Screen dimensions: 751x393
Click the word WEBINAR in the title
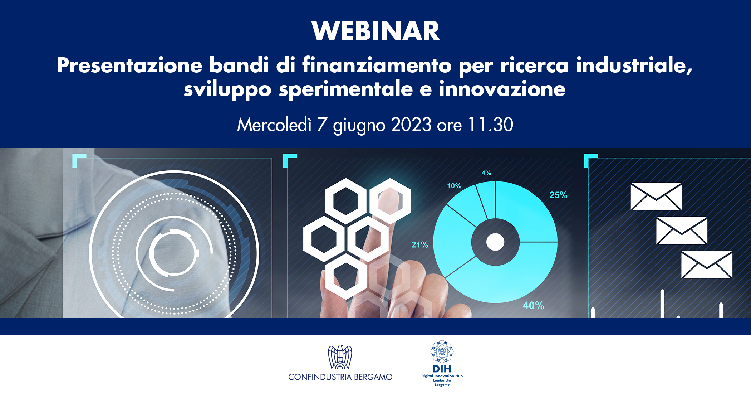pyautogui.click(x=375, y=31)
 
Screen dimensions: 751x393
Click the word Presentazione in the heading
pyautogui.click(x=129, y=65)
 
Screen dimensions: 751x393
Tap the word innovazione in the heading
pyautogui.click(x=502, y=89)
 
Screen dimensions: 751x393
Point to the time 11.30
pyautogui.click(x=491, y=125)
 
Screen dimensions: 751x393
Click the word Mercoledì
pyautogui.click(x=274, y=125)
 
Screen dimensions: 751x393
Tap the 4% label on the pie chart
pyautogui.click(x=486, y=173)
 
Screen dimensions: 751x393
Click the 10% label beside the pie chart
pyautogui.click(x=454, y=186)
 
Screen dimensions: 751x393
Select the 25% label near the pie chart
pyautogui.click(x=558, y=195)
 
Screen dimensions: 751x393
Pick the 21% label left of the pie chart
pyautogui.click(x=419, y=245)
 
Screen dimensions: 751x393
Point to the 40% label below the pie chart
pyautogui.click(x=533, y=305)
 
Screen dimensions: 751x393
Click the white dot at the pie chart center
pyautogui.click(x=495, y=242)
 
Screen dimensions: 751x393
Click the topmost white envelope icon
pyautogui.click(x=656, y=196)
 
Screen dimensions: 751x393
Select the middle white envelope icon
pyautogui.click(x=682, y=231)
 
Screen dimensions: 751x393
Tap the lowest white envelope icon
pyautogui.click(x=707, y=265)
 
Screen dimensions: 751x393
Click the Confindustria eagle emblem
pyautogui.click(x=340, y=357)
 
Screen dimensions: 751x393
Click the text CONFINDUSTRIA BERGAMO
pyautogui.click(x=340, y=377)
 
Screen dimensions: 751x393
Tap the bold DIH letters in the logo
pyautogui.click(x=442, y=369)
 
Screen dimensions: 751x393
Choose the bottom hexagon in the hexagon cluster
pyautogui.click(x=346, y=276)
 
